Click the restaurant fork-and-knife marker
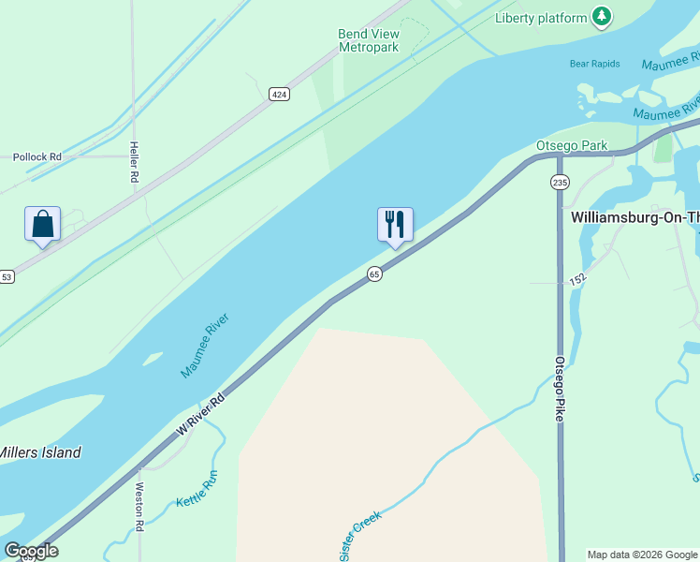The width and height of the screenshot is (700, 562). [395, 225]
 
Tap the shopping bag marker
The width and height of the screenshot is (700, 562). [43, 225]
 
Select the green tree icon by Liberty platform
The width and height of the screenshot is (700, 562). [602, 17]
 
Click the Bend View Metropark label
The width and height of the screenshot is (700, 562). [369, 40]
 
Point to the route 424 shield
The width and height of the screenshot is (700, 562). [279, 95]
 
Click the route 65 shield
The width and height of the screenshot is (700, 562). [374, 274]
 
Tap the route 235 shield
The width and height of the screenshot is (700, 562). [560, 182]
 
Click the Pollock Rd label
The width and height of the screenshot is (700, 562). [37, 156]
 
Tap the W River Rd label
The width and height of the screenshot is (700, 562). [201, 413]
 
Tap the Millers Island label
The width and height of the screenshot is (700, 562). [39, 452]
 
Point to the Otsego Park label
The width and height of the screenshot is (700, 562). [571, 146]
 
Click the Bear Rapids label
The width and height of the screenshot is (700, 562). [595, 65]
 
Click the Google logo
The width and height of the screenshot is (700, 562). [32, 551]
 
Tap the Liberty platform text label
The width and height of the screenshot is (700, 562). [540, 18]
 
